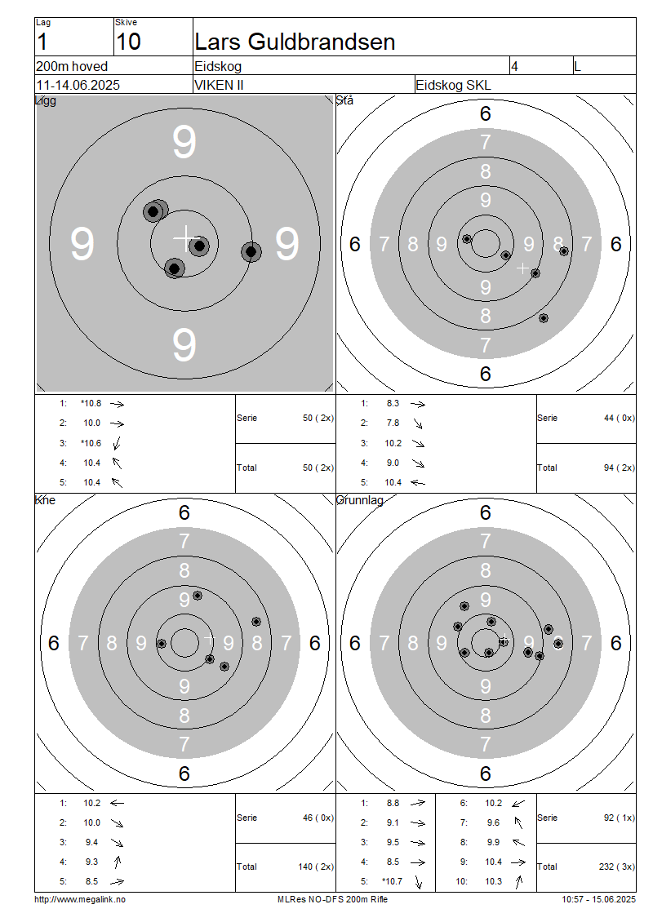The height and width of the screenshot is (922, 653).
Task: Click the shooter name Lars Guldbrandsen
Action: (x=295, y=42)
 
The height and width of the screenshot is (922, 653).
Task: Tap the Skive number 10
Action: (x=128, y=42)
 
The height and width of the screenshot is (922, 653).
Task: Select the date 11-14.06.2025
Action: (x=78, y=85)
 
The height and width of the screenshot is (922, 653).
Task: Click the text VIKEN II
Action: (x=219, y=85)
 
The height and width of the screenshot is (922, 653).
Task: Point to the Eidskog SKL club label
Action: (x=453, y=85)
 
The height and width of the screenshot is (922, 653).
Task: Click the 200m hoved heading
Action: (x=72, y=66)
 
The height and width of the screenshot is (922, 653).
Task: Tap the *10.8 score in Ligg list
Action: (x=91, y=403)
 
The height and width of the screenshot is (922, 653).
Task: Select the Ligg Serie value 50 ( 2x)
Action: (x=318, y=418)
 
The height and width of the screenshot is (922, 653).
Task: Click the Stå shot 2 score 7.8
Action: (x=393, y=423)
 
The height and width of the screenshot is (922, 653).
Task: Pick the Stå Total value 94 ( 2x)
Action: (x=620, y=468)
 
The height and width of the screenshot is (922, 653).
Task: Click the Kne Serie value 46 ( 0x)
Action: (x=318, y=818)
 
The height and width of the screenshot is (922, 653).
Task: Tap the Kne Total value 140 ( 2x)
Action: (x=316, y=867)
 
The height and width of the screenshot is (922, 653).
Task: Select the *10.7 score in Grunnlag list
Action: (x=392, y=881)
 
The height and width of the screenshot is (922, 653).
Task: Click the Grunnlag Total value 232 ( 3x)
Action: (x=617, y=867)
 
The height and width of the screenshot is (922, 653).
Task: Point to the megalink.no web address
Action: (x=80, y=900)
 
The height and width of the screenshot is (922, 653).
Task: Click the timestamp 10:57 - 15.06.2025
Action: (x=598, y=900)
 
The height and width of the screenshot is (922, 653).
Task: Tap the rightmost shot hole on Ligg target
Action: (x=251, y=252)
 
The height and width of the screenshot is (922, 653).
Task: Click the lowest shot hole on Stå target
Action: (x=544, y=318)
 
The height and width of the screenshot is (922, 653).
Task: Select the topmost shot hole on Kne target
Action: (x=198, y=596)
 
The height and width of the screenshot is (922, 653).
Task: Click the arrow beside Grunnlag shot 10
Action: (x=518, y=882)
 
